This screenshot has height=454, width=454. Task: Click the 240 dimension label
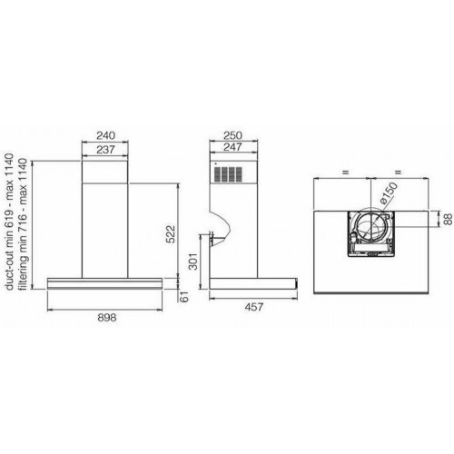[105, 135]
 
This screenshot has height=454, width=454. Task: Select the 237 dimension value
[105, 150]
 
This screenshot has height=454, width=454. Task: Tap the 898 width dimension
[107, 318]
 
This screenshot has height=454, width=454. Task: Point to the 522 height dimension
[171, 233]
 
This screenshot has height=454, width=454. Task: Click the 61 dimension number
[184, 297]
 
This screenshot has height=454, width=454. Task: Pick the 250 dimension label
[232, 135]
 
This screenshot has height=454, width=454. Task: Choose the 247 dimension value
[232, 147]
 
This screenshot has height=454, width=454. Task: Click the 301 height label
[192, 261]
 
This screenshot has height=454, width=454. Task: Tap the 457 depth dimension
[254, 307]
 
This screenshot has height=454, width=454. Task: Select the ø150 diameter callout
[389, 193]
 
